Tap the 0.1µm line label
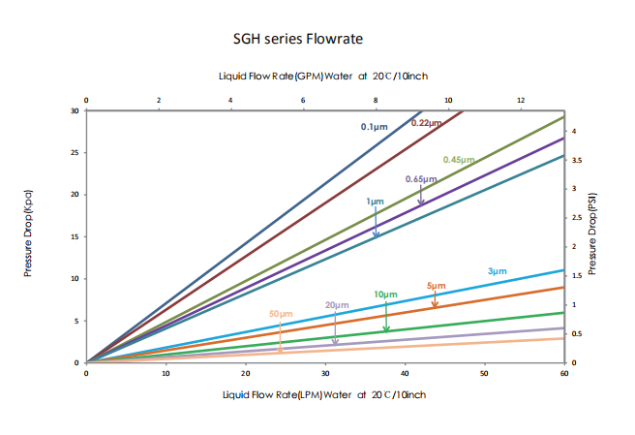point(375,127)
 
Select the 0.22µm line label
point(426,123)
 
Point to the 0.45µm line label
point(459,159)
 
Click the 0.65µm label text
point(421,179)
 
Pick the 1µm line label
point(376,202)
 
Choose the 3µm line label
point(497,271)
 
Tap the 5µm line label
point(436,286)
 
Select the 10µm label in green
point(385,294)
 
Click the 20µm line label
point(336,305)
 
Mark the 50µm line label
point(281,314)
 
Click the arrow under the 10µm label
point(386,317)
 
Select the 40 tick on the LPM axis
point(405,372)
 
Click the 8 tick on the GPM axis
point(376,100)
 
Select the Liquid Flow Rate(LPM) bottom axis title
point(324,394)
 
